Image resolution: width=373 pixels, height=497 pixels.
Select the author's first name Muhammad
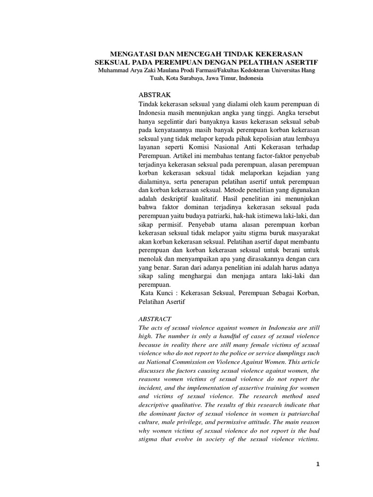pos(116,71)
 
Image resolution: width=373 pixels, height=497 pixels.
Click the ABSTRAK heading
pos(154,95)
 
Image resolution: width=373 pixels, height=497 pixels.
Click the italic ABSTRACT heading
pos(155,319)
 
